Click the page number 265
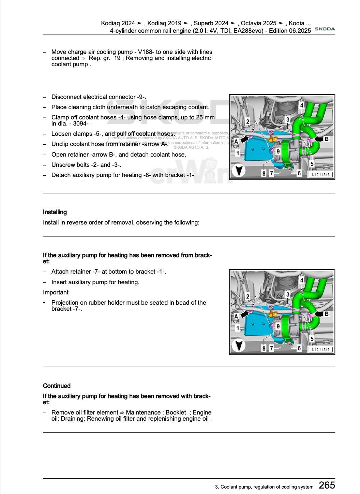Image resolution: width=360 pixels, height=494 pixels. click(327, 485)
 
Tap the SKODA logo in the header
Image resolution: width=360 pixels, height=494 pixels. click(324, 29)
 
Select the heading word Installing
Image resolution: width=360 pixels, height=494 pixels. click(55, 212)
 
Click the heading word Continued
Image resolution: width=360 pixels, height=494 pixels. click(57, 386)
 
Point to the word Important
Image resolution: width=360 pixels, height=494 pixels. click(56, 292)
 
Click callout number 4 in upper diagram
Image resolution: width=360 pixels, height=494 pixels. click(302, 106)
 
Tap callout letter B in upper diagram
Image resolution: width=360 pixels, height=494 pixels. click(327, 139)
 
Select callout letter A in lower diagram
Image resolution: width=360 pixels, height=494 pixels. click(236, 316)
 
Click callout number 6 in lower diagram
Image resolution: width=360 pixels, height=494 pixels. click(299, 348)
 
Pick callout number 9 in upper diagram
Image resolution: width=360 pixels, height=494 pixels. click(278, 151)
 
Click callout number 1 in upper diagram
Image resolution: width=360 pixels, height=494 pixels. click(238, 153)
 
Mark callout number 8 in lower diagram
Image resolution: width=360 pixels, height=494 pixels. click(264, 348)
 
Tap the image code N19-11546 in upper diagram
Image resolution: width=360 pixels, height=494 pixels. click(320, 175)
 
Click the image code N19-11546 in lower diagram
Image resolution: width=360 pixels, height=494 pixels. click(320, 349)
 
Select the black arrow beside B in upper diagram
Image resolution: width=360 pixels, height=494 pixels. click(318, 139)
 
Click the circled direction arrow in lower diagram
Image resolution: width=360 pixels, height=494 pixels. click(239, 345)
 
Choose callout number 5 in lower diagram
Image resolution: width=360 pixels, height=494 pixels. click(312, 339)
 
